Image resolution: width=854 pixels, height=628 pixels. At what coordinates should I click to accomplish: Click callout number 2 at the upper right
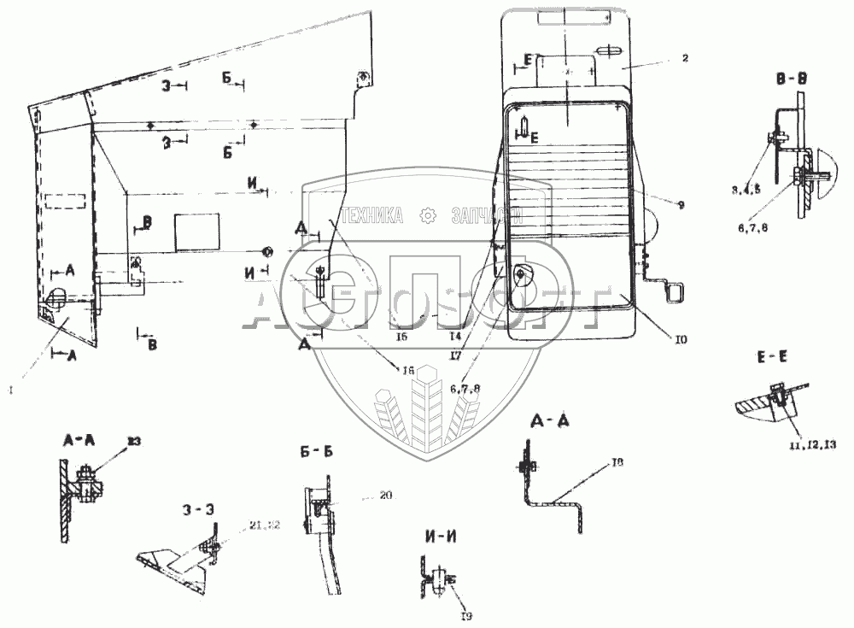pyautogui.click(x=685, y=58)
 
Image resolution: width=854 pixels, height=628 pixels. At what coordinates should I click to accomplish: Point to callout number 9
pyautogui.click(x=681, y=204)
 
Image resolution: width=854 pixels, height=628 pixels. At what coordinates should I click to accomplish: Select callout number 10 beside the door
pyautogui.click(x=681, y=339)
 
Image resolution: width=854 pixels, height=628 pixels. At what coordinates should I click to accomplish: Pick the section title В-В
pyautogui.click(x=792, y=78)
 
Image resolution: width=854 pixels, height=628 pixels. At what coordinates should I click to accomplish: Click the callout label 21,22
pyautogui.click(x=266, y=524)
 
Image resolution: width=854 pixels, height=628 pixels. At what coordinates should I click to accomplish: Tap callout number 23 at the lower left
pyautogui.click(x=134, y=441)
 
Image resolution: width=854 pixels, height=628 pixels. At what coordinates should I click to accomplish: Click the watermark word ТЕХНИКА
pyautogui.click(x=371, y=217)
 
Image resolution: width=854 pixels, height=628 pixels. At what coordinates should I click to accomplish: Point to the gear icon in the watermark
pyautogui.click(x=428, y=216)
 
